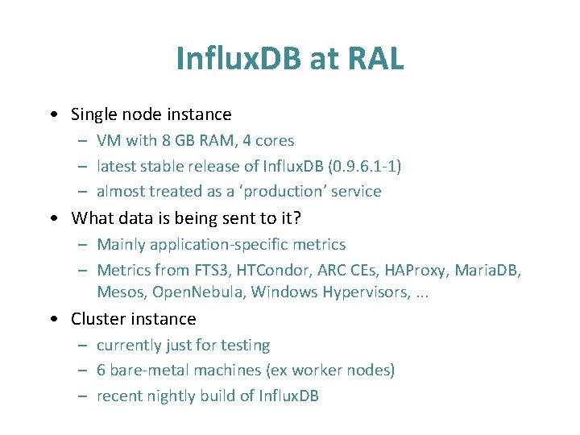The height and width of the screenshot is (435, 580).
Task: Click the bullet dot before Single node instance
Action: (x=52, y=115)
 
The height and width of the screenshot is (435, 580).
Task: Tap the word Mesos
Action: (x=119, y=292)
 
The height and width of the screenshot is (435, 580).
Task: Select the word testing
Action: (x=245, y=345)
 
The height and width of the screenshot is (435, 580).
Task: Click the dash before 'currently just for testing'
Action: (x=83, y=346)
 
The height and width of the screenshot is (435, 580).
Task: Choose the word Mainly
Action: (x=121, y=244)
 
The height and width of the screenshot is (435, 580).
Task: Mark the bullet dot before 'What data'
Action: (x=52, y=218)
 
